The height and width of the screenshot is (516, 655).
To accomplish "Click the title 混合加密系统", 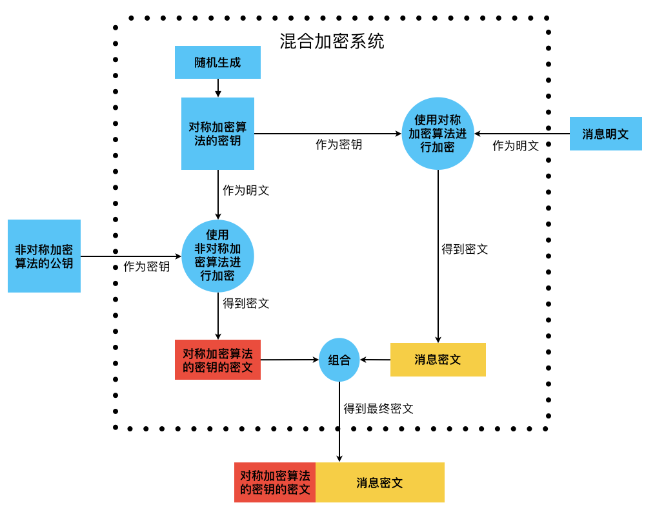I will click(332, 42).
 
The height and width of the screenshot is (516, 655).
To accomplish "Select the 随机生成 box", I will click(217, 63).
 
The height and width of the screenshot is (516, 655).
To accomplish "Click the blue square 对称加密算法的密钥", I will click(217, 134).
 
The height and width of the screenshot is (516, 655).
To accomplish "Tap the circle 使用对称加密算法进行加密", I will click(438, 134).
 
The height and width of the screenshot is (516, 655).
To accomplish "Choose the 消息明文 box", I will click(605, 134).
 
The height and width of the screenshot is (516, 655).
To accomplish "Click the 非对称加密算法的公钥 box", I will click(44, 256).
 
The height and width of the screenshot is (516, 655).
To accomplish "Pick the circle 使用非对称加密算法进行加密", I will click(217, 256).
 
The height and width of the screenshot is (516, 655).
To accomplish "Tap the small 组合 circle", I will click(339, 360).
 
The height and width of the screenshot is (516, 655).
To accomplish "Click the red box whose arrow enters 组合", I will click(217, 360).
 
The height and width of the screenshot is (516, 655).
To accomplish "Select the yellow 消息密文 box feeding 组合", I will click(438, 360).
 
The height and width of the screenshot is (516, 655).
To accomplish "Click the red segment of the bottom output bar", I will click(275, 482).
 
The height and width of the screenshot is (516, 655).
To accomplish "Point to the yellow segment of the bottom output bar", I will click(379, 482).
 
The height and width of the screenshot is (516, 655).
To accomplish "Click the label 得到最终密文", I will click(378, 408).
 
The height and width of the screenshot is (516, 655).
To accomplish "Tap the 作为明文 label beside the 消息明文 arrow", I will click(516, 146).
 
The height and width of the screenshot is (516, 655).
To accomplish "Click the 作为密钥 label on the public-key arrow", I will click(146, 267).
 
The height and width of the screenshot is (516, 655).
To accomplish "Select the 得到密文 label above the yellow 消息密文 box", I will click(465, 249).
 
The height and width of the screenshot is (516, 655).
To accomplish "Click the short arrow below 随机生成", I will click(218, 88).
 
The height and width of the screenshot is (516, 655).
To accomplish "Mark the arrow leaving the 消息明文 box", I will click(523, 134).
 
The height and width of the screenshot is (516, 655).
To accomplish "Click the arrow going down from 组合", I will click(339, 423).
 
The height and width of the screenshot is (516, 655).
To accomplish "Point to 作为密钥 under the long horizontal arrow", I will click(339, 145).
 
